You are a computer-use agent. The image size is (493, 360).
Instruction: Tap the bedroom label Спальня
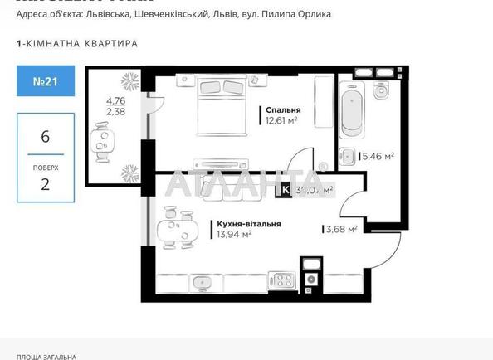[282, 109]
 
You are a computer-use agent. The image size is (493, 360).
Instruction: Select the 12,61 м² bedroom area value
[281, 119]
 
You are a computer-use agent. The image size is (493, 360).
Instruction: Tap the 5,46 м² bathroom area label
[378, 155]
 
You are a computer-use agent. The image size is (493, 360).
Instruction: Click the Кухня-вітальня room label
[249, 224]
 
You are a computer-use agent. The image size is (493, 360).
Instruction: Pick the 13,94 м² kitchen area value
[234, 235]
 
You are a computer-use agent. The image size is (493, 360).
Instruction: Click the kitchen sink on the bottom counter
[202, 282]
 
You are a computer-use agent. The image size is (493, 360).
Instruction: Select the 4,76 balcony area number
[115, 103]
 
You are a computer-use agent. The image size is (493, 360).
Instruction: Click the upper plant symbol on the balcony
[130, 81]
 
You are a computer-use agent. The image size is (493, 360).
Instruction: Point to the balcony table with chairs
[102, 141]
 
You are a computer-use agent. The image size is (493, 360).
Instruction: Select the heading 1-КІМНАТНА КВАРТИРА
[77, 43]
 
